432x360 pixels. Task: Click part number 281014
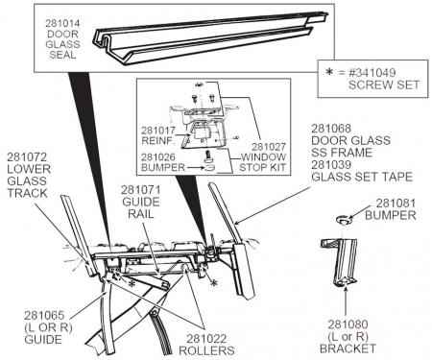[62, 23]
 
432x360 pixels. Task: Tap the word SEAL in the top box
[62, 55]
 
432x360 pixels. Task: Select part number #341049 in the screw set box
[372, 72]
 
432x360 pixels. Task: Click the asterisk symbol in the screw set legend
[329, 72]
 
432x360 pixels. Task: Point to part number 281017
[158, 131]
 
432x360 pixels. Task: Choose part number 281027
[269, 147]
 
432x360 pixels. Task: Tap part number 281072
[27, 156]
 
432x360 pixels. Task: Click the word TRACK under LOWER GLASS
[27, 193]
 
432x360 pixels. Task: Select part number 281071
[141, 190]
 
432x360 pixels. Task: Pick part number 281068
[331, 129]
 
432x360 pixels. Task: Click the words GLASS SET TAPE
[362, 177]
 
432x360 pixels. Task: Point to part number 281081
[396, 204]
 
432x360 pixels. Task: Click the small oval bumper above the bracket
[344, 220]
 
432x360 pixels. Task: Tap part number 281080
[348, 324]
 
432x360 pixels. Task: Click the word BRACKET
[348, 348]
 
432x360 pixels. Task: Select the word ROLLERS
[206, 350]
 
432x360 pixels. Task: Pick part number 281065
[44, 315]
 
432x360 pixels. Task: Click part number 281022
[206, 339]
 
